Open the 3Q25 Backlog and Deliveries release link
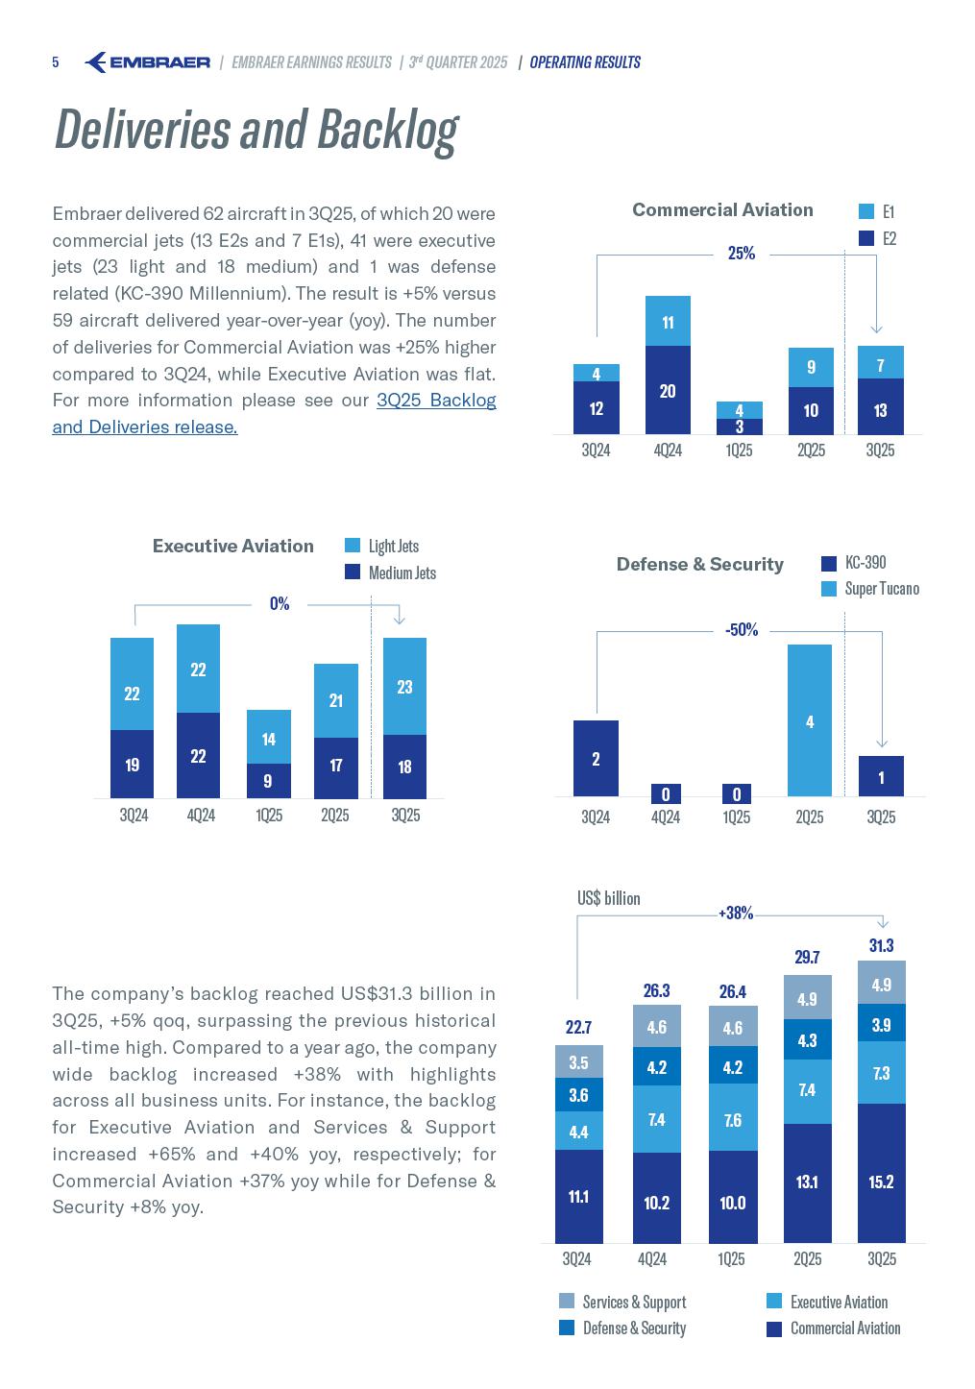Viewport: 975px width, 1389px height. [274, 413]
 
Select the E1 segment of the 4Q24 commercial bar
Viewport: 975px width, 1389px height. [668, 322]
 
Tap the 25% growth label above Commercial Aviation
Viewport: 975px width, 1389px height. [742, 254]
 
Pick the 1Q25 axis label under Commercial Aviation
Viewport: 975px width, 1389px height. [739, 450]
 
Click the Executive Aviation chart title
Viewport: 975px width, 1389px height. [233, 546]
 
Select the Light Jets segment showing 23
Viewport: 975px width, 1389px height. [404, 686]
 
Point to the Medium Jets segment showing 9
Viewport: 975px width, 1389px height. [268, 781]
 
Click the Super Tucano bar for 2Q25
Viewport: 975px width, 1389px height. [810, 720]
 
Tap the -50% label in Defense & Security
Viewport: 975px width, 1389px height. [742, 630]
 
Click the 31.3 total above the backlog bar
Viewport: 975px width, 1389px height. [881, 946]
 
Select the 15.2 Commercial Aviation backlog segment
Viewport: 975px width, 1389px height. [881, 1182]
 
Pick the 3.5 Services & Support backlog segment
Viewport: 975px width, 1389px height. [578, 1062]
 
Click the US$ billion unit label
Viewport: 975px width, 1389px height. [608, 898]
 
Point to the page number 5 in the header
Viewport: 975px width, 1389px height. [56, 62]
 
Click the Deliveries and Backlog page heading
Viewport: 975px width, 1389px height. [256, 130]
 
